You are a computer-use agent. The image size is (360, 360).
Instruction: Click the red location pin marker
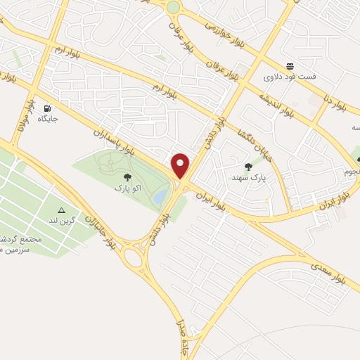click(181, 165)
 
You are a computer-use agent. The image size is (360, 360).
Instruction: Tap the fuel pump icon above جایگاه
click(47, 108)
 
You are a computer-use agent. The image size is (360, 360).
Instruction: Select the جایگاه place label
click(47, 120)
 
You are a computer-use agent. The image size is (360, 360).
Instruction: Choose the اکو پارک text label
click(127, 188)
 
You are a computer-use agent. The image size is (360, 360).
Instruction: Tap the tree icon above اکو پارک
click(127, 178)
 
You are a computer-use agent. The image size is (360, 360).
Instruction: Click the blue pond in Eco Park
click(160, 193)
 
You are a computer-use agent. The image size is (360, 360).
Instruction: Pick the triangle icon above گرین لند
click(61, 210)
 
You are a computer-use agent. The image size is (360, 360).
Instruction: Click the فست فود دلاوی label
click(290, 76)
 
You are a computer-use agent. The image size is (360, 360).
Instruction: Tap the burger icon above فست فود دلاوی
click(290, 65)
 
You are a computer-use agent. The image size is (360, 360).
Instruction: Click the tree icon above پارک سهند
click(247, 167)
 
